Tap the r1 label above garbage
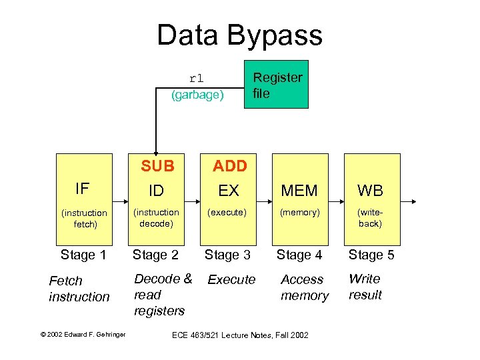click(x=196, y=78)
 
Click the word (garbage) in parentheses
click(x=197, y=95)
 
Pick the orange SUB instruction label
click(x=157, y=165)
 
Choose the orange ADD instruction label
click(x=229, y=165)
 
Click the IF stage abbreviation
click(x=83, y=189)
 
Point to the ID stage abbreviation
click(x=156, y=191)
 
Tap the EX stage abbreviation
click(x=229, y=191)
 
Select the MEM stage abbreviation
click(x=299, y=191)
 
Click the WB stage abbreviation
click(x=370, y=191)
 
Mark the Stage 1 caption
click(x=83, y=255)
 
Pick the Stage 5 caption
click(x=371, y=255)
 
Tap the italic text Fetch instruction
click(x=79, y=289)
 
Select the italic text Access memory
click(x=304, y=287)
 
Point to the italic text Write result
click(x=365, y=287)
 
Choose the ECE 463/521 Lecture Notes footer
click(x=241, y=335)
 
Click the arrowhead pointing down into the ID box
click(x=156, y=151)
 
